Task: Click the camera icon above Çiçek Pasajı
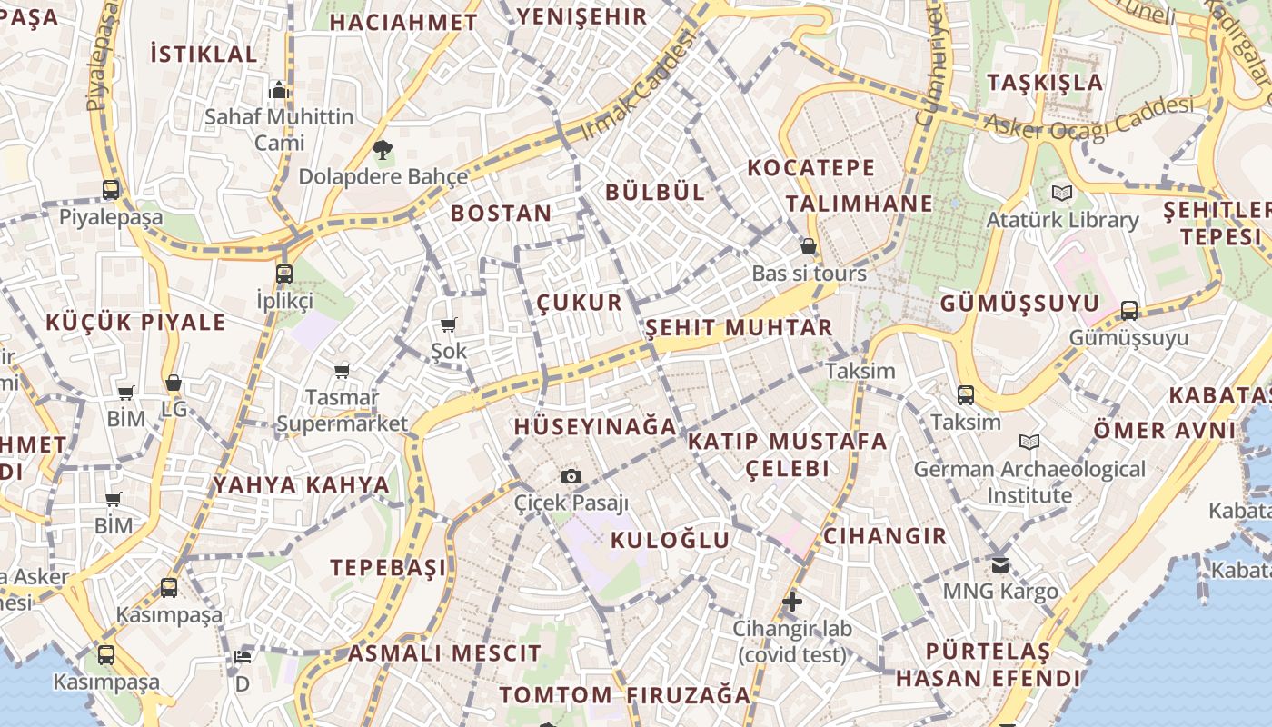point(571,476)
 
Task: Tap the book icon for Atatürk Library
point(1061,193)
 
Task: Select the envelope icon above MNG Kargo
point(1000,564)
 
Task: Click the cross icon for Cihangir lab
point(792,601)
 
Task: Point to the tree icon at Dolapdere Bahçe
point(383,149)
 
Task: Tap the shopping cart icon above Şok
point(448,324)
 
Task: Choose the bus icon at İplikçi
point(284,274)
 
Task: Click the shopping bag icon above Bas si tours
point(808,246)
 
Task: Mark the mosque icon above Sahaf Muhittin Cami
point(279,90)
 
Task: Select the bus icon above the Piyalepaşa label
point(111,190)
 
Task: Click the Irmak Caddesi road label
point(636,85)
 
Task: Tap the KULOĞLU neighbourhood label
point(670,540)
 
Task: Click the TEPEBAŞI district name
point(388,568)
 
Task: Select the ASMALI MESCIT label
point(444,652)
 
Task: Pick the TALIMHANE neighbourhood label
point(860,204)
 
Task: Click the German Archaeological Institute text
point(1029,482)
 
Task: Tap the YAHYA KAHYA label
point(301,484)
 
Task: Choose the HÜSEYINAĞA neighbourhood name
point(595,426)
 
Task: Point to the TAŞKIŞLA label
point(1045,83)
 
